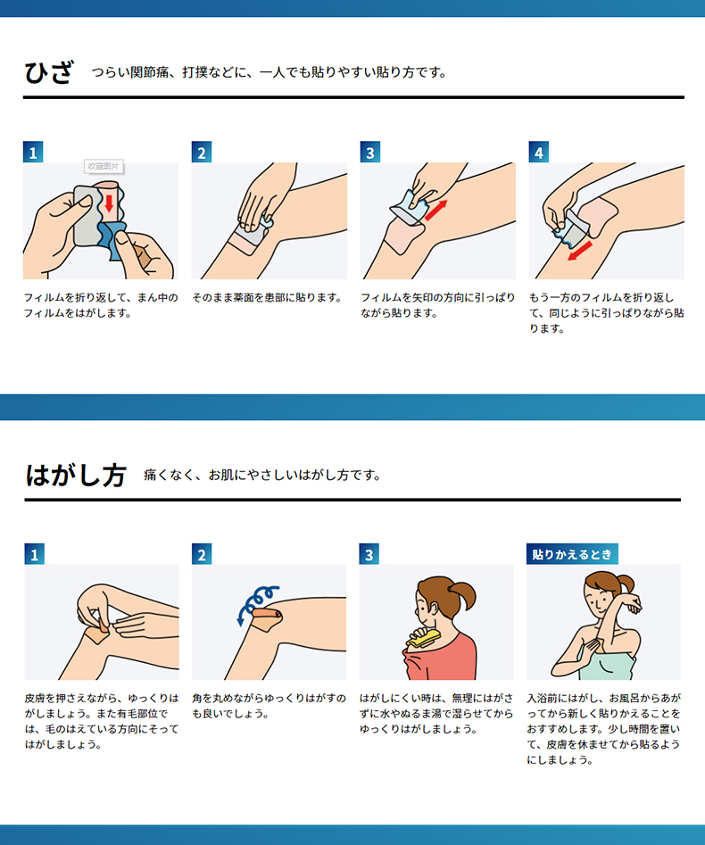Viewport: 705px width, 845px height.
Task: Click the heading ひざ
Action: (x=48, y=73)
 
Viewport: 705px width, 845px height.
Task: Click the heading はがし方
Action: (x=76, y=476)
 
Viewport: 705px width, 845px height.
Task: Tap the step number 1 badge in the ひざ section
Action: (x=33, y=152)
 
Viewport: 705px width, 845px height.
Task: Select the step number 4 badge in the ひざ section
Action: (x=538, y=152)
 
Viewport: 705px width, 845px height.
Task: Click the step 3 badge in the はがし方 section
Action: (x=369, y=554)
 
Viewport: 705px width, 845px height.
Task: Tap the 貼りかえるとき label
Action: (x=572, y=554)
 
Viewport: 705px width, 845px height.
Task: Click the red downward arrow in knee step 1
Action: (x=109, y=203)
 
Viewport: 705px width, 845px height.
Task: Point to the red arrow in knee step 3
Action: (x=436, y=211)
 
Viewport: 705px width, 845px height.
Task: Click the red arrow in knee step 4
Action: (x=580, y=251)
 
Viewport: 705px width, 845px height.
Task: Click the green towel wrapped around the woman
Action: (x=606, y=664)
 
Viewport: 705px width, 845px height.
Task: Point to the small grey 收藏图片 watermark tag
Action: (x=104, y=167)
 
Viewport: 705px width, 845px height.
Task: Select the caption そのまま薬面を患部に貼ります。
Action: (x=268, y=297)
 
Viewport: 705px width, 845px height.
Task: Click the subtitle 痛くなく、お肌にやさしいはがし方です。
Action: (x=262, y=476)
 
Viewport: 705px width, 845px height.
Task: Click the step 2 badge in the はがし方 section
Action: (x=202, y=554)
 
